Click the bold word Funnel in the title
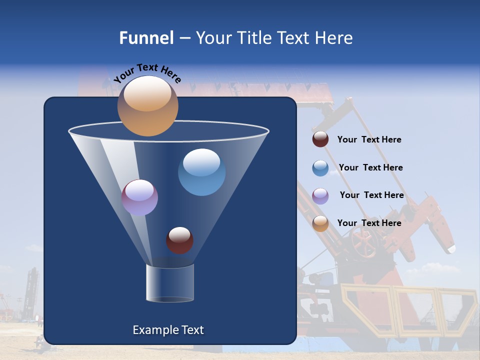tap(146, 38)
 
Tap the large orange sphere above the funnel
tap(147, 106)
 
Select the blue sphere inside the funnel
tap(201, 172)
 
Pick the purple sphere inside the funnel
tap(139, 197)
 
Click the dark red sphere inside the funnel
tap(179, 240)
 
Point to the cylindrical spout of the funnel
tap(170, 283)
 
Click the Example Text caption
tap(168, 330)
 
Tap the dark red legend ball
tap(320, 139)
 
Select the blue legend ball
tap(320, 167)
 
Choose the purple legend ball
tap(320, 195)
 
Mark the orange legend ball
tap(320, 223)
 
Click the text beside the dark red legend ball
tap(369, 140)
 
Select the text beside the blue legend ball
tap(370, 167)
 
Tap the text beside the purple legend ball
tap(371, 195)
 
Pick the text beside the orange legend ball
tap(369, 223)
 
